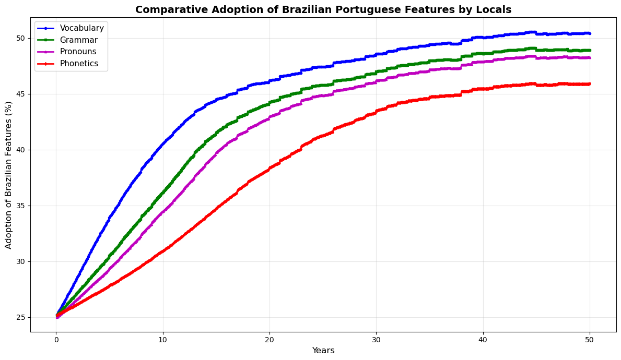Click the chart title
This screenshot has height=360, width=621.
tap(323, 9)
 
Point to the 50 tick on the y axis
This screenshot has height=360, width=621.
tap(21, 38)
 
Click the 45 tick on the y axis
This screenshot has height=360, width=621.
tap(21, 94)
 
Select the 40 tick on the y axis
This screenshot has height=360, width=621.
tap(21, 150)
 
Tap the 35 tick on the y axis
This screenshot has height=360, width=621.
tap(21, 206)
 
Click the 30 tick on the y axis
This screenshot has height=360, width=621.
tap(21, 261)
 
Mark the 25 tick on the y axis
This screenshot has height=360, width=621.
tap(21, 317)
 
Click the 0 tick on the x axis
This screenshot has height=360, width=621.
tap(56, 339)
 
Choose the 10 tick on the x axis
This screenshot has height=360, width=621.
tap(163, 339)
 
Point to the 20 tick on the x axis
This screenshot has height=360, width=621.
tap(270, 339)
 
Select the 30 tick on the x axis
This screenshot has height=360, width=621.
tap(376, 339)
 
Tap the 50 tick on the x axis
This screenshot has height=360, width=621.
tap(590, 339)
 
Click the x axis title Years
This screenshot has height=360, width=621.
tap(323, 351)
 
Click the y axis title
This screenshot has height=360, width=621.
tap(9, 175)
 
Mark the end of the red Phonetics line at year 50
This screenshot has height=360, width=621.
tap(590, 84)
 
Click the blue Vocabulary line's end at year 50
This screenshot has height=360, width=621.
tap(590, 33)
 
